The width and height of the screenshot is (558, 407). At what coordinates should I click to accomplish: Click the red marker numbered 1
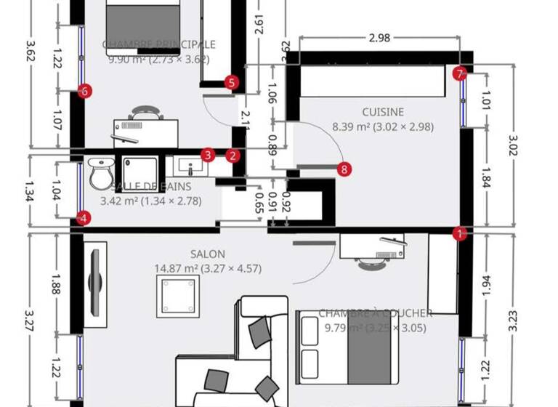coord(459,234)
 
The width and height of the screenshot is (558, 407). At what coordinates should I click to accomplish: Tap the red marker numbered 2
coord(232,155)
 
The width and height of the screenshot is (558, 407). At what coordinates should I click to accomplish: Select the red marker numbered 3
coord(208,155)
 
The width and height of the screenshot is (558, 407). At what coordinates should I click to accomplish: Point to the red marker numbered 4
coord(84,217)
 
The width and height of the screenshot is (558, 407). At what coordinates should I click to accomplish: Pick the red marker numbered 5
coord(231,82)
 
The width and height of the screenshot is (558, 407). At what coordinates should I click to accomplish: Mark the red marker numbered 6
coord(85,91)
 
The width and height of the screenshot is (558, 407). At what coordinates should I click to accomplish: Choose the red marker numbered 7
coord(458,73)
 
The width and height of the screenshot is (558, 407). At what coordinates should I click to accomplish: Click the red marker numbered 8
coord(344,169)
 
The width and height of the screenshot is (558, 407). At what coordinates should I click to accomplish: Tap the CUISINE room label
coord(383,112)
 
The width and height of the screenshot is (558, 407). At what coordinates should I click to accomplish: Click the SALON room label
coord(208,254)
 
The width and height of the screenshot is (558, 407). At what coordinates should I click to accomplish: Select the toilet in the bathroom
coord(100,172)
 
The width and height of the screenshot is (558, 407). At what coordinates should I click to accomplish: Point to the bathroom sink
coord(192,168)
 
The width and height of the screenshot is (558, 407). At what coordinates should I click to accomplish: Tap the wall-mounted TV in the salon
coord(94,280)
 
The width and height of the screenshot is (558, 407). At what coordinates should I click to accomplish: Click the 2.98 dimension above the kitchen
coord(379,39)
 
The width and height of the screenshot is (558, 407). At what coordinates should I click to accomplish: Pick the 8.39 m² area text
coord(383,126)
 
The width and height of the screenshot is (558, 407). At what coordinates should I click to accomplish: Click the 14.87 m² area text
coord(208,268)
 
